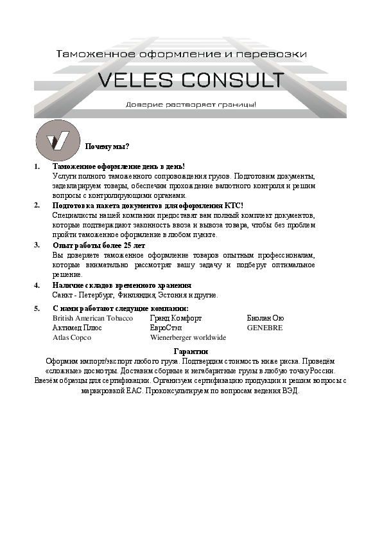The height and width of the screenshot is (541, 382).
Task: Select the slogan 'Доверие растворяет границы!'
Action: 191,104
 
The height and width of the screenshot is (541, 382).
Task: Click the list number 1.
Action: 37,166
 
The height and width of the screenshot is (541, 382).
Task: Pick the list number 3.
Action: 37,245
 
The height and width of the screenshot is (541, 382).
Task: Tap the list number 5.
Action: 37,309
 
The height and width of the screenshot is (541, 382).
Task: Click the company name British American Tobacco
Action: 92,318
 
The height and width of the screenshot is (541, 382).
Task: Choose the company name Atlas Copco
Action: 71,336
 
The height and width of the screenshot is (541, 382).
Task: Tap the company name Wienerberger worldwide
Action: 187,336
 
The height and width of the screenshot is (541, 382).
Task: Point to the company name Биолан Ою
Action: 265,318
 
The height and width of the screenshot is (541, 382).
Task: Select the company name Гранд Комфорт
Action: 175,318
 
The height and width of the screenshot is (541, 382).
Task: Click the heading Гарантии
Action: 191,351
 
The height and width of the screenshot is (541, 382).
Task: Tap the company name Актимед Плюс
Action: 77,327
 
